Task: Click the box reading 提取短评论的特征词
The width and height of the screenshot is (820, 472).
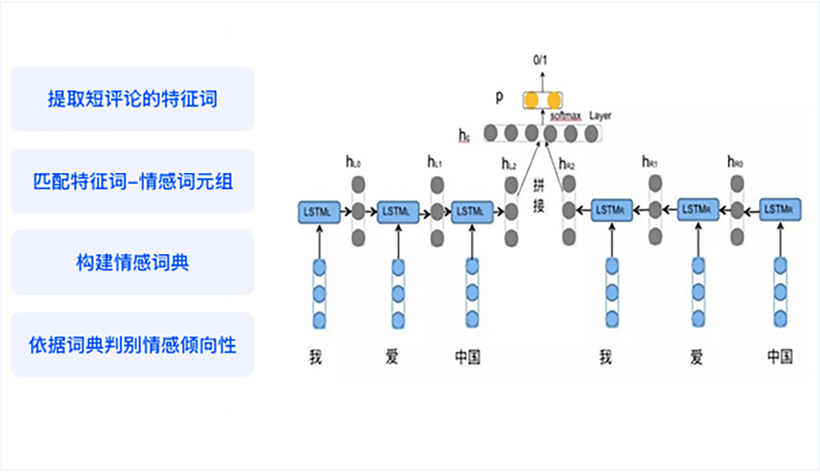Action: (x=132, y=99)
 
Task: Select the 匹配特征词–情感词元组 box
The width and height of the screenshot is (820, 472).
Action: (x=132, y=181)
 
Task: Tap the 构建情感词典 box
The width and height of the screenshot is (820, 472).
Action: (x=132, y=263)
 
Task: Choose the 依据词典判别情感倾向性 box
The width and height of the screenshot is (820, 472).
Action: (x=132, y=345)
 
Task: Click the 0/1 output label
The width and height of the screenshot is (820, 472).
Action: (x=541, y=60)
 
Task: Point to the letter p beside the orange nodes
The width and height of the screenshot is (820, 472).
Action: (x=499, y=97)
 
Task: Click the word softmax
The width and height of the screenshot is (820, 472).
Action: (x=566, y=116)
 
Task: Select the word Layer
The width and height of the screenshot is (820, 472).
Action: (x=600, y=116)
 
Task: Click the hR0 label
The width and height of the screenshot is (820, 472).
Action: (x=735, y=162)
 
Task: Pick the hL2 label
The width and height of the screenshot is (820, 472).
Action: (x=509, y=163)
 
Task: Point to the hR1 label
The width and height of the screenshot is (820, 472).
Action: (x=650, y=162)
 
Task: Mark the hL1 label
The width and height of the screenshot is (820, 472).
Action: (x=434, y=162)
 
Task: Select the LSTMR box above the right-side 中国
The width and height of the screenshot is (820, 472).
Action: (x=780, y=210)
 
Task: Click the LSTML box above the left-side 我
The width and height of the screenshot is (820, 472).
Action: (x=318, y=212)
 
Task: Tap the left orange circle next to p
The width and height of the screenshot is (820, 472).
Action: (x=532, y=101)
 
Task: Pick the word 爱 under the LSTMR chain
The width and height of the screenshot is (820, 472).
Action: (x=696, y=356)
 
